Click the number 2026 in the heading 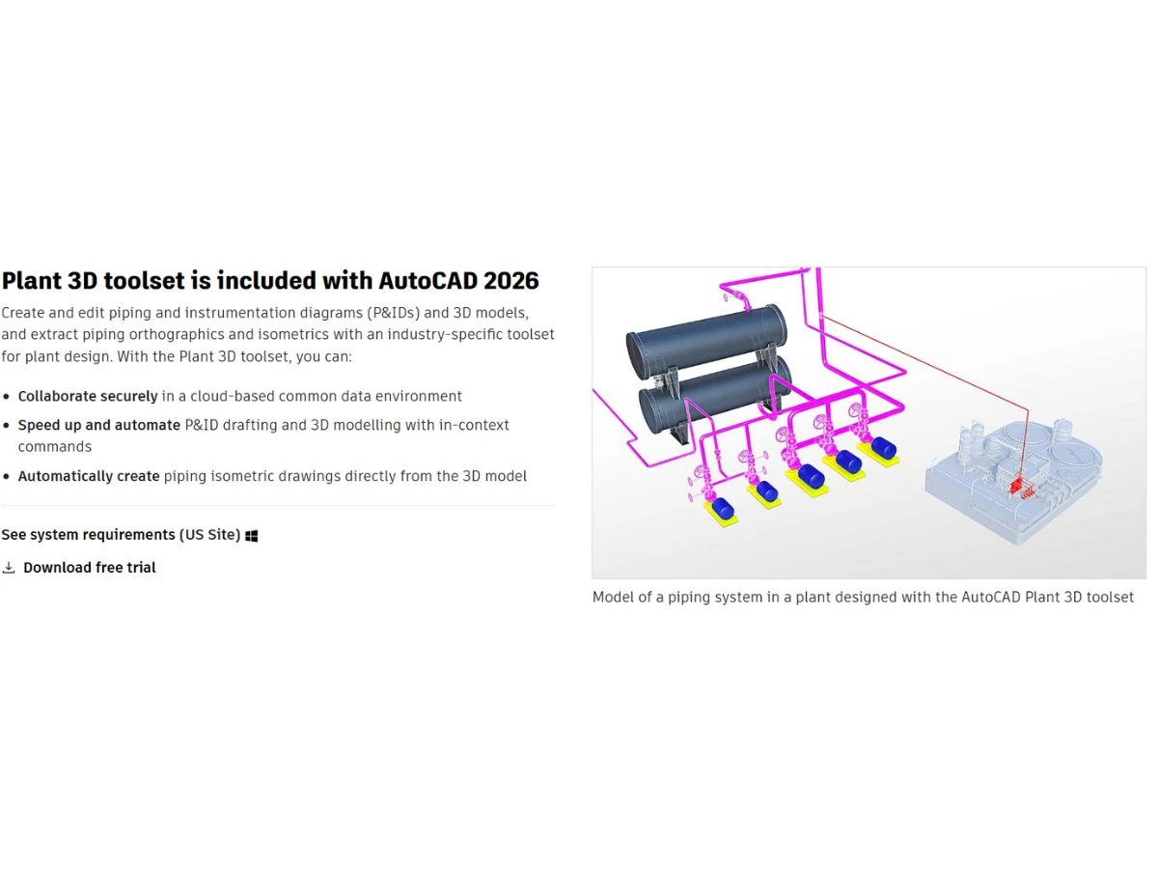(x=510, y=281)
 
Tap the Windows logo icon (x=252, y=536)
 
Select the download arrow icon (x=9, y=568)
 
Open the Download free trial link (x=89, y=568)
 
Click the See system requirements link (x=121, y=535)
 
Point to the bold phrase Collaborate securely (x=88, y=396)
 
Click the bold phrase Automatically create (x=89, y=476)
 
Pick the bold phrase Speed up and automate (x=99, y=425)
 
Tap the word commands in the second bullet (x=55, y=447)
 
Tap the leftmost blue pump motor (x=722, y=509)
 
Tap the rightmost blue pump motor (x=883, y=448)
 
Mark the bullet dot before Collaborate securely (x=7, y=396)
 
